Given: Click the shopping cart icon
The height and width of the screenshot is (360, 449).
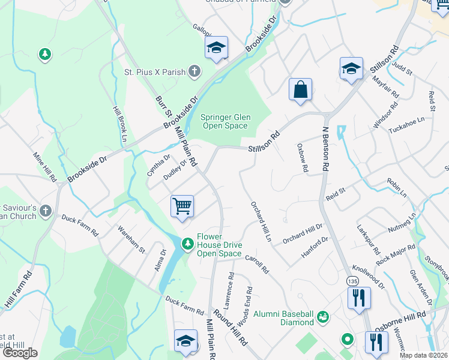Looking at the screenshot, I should [x=182, y=206].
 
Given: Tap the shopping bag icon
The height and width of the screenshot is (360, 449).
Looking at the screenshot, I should [x=300, y=89].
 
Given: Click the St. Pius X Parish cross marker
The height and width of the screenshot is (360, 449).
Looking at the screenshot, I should [x=194, y=71].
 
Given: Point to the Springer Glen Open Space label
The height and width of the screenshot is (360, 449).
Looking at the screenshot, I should [x=224, y=122].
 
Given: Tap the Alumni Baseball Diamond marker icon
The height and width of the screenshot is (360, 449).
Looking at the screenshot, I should [x=323, y=316].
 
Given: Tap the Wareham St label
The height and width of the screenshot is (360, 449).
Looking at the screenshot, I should [x=131, y=238].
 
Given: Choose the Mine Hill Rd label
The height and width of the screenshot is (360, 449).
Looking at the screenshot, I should [x=44, y=166].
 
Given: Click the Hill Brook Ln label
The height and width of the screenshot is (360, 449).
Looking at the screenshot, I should [x=121, y=124].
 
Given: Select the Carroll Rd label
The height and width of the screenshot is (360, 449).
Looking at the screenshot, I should [x=256, y=264].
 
